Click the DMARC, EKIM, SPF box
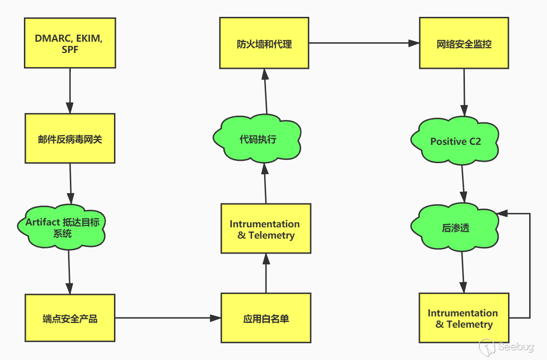pos(70,43)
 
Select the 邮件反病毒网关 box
pos(70,138)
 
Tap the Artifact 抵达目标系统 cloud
pos(62,227)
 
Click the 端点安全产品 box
pos(70,318)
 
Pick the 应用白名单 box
pos(266,318)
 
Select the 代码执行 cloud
pos(257,139)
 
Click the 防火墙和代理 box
pos(264,43)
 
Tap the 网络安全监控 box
pos(464,43)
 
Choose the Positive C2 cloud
pos(455,141)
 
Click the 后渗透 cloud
pos(455,227)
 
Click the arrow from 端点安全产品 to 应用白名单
pos(168,318)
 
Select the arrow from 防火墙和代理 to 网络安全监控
pos(364,43)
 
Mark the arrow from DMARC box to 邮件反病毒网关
pos(70,90)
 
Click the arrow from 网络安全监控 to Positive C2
pos(464,92)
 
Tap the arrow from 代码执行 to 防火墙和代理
pos(266,91)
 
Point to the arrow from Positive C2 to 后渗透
pos(463,184)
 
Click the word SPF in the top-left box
pos(70,50)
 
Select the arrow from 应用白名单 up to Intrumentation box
pos(266,273)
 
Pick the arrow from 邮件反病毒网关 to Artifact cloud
pos(70,184)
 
